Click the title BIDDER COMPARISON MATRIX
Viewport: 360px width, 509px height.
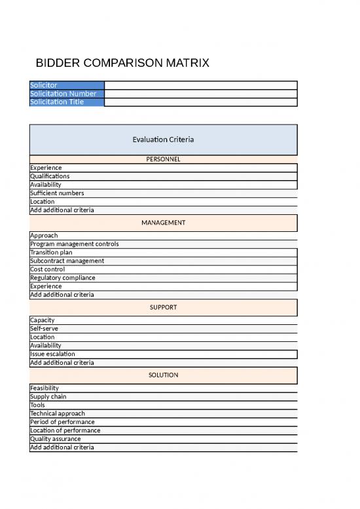[x=122, y=64]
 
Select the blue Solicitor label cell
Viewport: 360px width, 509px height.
[x=67, y=85]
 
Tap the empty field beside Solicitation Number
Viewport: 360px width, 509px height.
[x=200, y=94]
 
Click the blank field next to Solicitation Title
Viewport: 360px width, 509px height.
[x=200, y=102]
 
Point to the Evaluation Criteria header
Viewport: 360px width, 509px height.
[x=163, y=140]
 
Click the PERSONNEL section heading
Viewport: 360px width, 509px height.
[x=163, y=159]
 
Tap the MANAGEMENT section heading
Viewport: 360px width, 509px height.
[x=163, y=223]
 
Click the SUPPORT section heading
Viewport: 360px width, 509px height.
[x=163, y=307]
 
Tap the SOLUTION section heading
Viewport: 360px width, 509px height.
[x=163, y=375]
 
